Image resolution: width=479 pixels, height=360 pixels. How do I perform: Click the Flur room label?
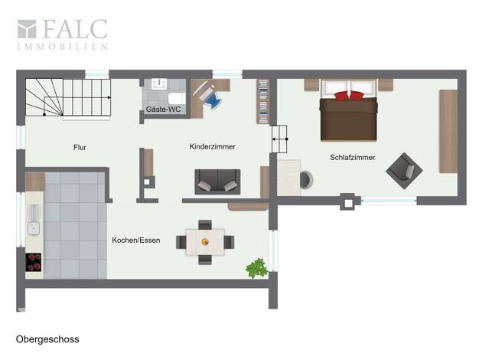(80, 147)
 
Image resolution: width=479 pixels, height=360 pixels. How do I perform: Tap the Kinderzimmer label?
(212, 146)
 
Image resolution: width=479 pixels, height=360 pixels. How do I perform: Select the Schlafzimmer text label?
(353, 158)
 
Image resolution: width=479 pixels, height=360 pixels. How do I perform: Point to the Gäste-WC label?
(163, 110)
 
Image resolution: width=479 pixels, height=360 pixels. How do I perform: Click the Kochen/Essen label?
(136, 240)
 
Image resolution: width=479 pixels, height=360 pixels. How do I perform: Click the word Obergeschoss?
(47, 339)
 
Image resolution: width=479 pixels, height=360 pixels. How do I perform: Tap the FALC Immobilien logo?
(62, 34)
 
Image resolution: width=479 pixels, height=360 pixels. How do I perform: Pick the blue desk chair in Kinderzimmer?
(213, 100)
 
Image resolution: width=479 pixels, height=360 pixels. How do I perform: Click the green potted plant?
(257, 268)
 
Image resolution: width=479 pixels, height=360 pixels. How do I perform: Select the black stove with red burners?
(34, 262)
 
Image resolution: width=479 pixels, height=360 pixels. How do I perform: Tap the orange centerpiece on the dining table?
(205, 242)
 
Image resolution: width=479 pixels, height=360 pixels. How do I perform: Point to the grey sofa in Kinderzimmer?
(217, 182)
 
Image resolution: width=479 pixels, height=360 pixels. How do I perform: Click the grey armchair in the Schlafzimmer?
(404, 171)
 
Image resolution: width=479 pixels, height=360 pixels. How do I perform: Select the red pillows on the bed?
(349, 96)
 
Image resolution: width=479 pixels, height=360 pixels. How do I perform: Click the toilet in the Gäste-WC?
(177, 99)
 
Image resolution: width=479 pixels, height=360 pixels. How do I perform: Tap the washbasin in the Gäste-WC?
(159, 83)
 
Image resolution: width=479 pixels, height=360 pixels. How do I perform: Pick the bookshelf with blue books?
(262, 102)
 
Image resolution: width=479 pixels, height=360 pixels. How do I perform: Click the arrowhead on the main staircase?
(109, 97)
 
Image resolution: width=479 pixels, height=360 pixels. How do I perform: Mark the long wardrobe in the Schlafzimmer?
(448, 131)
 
